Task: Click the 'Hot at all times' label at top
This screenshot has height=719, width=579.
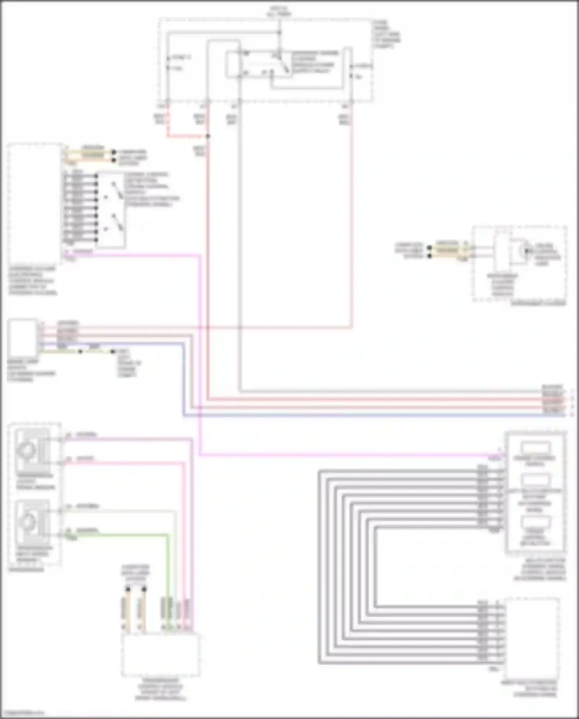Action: tap(279, 11)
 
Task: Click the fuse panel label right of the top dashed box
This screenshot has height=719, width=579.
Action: tap(387, 34)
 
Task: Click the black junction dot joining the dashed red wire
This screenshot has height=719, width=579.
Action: tap(208, 136)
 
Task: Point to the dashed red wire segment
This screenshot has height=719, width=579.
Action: tap(185, 136)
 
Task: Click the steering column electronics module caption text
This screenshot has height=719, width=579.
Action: tap(32, 280)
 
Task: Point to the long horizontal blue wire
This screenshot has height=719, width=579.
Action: tap(347, 415)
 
